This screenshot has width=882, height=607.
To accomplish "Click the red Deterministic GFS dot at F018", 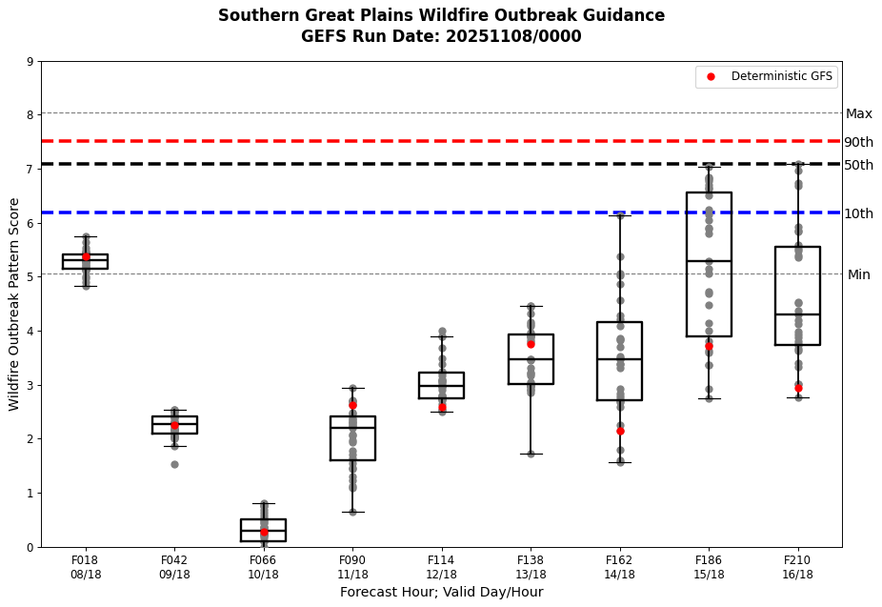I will [x=86, y=256].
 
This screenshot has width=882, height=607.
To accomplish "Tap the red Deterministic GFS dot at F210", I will [x=798, y=388].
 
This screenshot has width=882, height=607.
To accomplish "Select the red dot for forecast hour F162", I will [x=620, y=431].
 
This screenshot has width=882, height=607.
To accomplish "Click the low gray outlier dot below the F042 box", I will [x=174, y=464].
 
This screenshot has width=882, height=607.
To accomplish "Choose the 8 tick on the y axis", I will [x=30, y=115].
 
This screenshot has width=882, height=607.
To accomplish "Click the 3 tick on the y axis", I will [x=30, y=385].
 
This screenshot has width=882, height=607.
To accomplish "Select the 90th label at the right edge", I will [x=858, y=142].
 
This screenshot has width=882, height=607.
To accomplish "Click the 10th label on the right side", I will [x=858, y=213].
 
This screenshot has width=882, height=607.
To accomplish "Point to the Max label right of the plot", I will [x=858, y=113].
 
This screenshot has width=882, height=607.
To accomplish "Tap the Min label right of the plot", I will [x=858, y=274].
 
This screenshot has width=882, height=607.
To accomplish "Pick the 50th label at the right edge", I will [x=858, y=165].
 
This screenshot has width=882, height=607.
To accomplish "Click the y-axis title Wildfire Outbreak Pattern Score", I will [x=14, y=304].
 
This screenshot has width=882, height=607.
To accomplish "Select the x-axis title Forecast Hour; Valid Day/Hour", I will [x=441, y=592].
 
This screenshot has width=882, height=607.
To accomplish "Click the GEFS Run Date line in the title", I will [x=441, y=36].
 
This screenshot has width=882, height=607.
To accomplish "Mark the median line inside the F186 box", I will [x=709, y=261].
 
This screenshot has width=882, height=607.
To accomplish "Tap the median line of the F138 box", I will [x=531, y=359].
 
